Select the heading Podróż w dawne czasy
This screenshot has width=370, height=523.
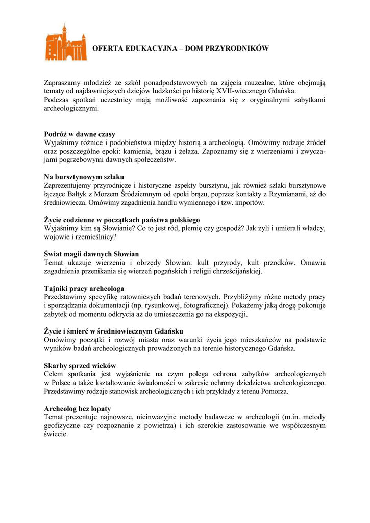tap(80, 134)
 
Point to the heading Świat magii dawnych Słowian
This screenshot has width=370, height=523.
tap(91, 254)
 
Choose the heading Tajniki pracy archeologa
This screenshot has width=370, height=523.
tap(84, 289)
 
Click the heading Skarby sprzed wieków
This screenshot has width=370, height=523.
tap(80, 366)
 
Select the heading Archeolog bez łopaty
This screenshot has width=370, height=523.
tap(78, 409)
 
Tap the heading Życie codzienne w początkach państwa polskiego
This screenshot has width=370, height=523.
tap(121, 220)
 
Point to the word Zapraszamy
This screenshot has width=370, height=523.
tap(63, 82)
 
